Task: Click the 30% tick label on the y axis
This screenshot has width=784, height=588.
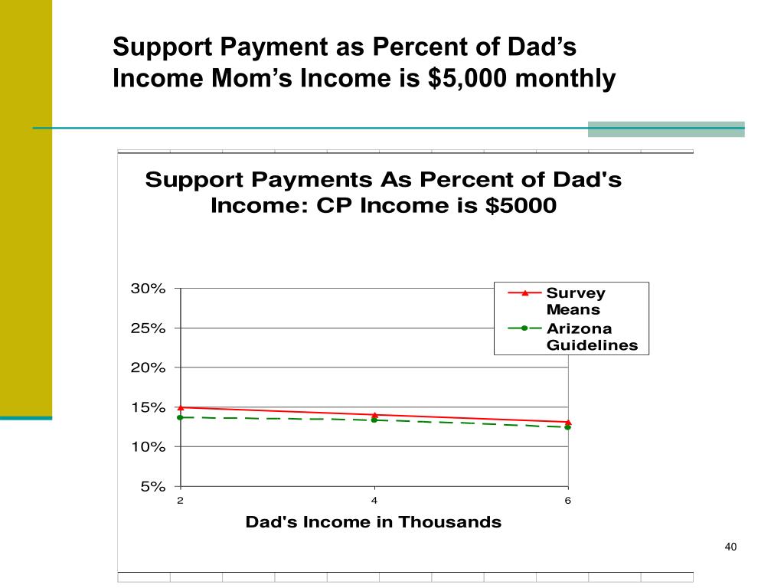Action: pos(148,289)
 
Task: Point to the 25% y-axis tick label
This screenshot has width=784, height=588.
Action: pos(148,328)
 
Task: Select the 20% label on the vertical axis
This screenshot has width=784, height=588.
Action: pos(148,367)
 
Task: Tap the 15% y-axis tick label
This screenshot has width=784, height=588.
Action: pos(148,407)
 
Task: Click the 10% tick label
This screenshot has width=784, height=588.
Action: pos(148,446)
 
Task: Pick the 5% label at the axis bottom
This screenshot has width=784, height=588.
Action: pos(152,486)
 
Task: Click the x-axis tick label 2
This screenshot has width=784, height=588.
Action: pos(181,501)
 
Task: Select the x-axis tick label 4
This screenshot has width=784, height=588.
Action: pos(374,501)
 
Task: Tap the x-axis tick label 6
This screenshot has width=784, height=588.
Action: pos(568,501)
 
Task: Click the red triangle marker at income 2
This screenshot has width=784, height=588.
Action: pos(181,407)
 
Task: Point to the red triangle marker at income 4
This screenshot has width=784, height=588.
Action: pos(374,415)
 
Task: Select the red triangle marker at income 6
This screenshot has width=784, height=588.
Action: pos(568,422)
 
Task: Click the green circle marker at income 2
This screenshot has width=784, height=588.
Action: pos(181,417)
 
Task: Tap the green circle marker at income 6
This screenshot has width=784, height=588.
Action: pos(568,427)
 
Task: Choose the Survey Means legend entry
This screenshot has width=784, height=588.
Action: pos(574,302)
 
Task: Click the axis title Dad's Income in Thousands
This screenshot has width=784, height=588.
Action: pos(374,522)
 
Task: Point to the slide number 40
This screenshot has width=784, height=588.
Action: pos(730,547)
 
